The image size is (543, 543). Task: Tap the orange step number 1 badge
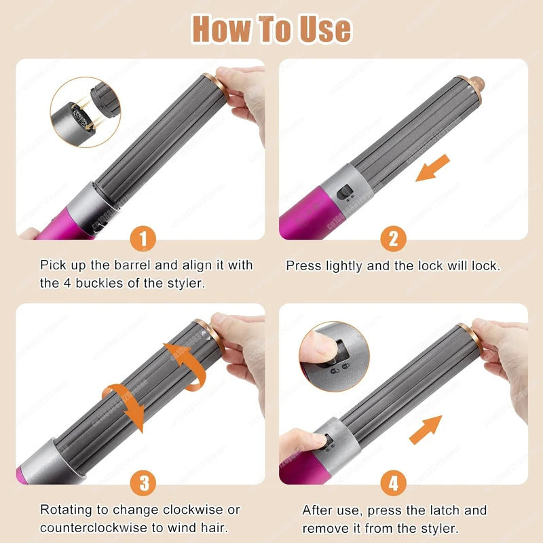click(143, 238)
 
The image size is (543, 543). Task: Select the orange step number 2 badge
click(393, 238)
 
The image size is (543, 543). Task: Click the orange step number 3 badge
click(143, 483)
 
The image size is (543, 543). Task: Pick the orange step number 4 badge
click(393, 483)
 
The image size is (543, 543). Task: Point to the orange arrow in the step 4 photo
click(425, 430)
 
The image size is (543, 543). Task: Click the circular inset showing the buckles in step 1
click(85, 111)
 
